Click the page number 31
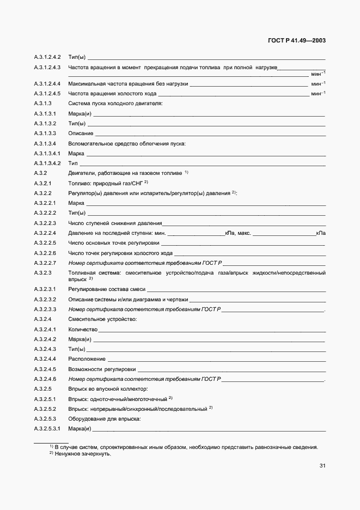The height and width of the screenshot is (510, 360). point(322,465)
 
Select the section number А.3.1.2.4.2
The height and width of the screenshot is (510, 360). point(47,57)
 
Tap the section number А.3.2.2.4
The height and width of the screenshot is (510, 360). point(45,233)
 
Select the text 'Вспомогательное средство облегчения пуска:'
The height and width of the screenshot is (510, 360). point(127,143)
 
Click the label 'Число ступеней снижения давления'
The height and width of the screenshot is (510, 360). point(115,223)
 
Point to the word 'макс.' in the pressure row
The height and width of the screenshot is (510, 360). point(243,233)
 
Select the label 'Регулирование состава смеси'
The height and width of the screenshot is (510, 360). point(107,290)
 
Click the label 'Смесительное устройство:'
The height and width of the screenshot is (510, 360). point(102,319)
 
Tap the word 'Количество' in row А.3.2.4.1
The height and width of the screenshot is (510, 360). point(83,330)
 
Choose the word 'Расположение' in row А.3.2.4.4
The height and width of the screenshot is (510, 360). point(87,359)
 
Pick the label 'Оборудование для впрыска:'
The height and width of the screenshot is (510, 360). point(105,418)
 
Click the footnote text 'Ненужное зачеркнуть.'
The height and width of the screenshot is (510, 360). point(82,453)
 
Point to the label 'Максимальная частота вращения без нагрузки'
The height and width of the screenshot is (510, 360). point(128,84)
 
